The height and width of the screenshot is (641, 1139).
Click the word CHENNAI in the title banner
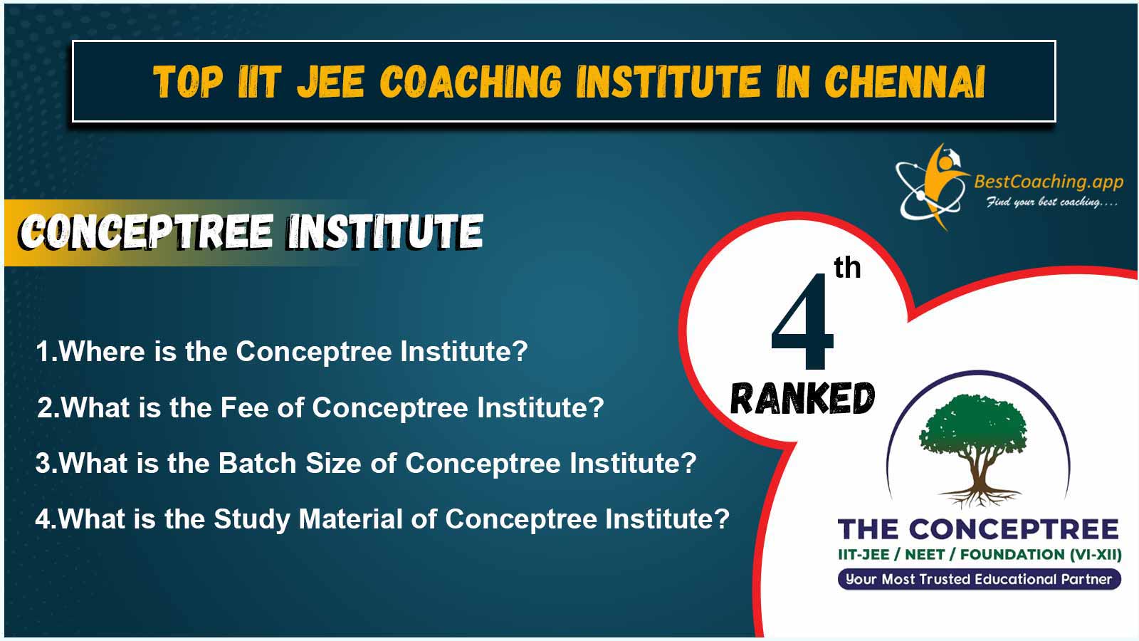(905, 81)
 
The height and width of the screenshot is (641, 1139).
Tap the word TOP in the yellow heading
(188, 81)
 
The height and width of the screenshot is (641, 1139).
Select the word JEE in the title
(330, 81)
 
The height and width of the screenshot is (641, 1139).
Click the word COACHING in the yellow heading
(471, 81)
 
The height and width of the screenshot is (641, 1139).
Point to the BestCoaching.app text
(1049, 181)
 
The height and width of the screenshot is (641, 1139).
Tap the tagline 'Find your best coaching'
(1051, 202)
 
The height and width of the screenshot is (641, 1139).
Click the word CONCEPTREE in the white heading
(147, 231)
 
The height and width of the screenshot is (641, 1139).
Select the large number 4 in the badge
(802, 321)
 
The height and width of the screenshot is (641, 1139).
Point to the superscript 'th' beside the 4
(847, 268)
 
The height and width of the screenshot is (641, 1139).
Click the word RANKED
(802, 398)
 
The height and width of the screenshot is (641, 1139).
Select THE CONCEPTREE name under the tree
(978, 529)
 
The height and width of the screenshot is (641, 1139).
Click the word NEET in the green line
(925, 555)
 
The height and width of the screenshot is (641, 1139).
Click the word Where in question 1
(103, 352)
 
